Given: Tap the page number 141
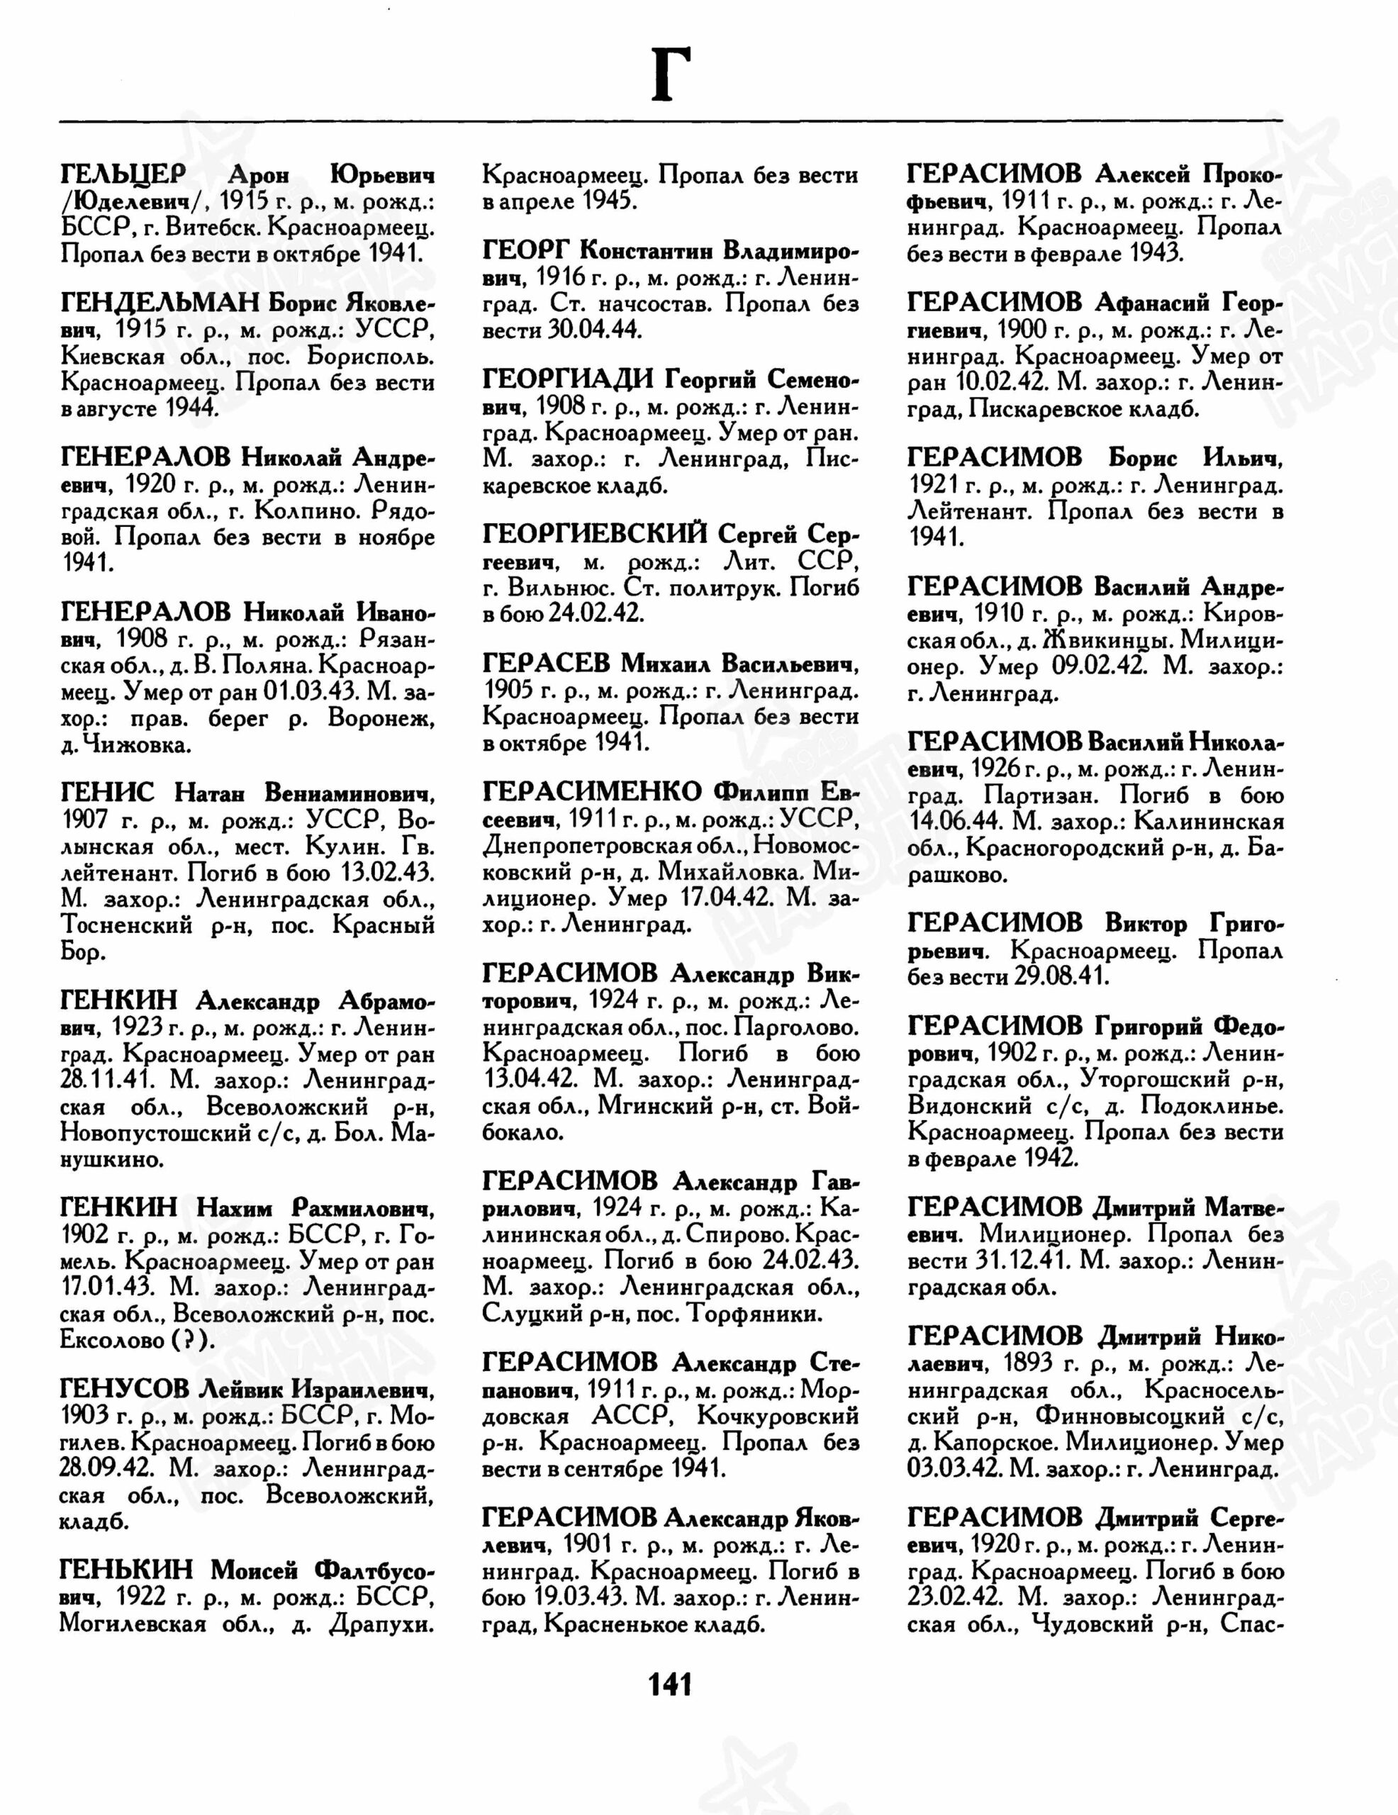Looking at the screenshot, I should pos(669,1685).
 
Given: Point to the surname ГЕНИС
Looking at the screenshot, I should pos(107,793).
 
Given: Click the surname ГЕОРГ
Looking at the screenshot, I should pos(525,250).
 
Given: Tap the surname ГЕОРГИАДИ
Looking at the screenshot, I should pos(567,380).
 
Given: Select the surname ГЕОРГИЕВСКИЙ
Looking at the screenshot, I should pos(594,535).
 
